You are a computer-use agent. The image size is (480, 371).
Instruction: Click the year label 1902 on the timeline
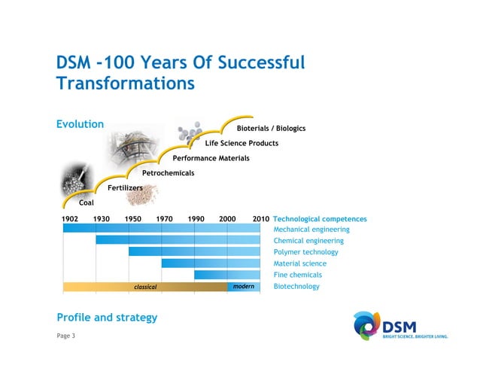pos(69,219)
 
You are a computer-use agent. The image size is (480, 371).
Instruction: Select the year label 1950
pos(133,219)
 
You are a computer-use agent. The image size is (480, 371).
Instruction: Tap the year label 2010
pos(260,219)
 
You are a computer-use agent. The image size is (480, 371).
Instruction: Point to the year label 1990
pos(196,219)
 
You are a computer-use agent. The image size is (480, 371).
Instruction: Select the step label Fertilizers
pos(125,187)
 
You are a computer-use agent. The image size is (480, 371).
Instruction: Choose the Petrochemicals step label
pos(168,173)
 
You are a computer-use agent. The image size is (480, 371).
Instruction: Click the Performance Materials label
pos(211,158)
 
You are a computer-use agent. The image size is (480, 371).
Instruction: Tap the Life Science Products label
pos(242,143)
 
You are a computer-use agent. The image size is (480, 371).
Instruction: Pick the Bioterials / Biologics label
pos(271,129)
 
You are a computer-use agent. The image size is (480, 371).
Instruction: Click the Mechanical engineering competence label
pos(311,230)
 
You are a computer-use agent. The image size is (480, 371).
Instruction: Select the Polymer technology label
pos(305,252)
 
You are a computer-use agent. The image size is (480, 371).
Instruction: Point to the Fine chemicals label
pos(297,275)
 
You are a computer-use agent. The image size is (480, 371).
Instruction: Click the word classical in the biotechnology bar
pos(145,287)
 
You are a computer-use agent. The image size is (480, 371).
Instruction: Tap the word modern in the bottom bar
pos(244,287)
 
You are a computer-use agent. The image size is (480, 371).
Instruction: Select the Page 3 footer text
pos(66,335)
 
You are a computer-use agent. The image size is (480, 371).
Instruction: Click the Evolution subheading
pos(80,124)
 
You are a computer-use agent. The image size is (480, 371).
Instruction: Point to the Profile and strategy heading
pos(107,318)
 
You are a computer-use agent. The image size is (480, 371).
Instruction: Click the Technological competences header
pos(320,219)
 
